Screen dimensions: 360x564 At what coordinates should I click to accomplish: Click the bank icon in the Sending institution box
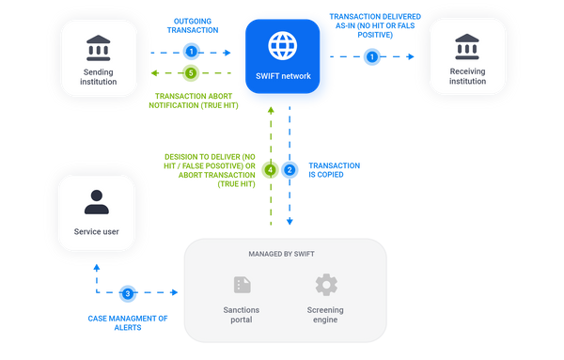coord(100,46)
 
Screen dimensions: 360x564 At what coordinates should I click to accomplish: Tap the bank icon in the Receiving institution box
coord(467,45)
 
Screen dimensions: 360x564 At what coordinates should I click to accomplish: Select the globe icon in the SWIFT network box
coord(283,44)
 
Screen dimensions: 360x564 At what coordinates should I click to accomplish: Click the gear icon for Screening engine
coord(326,284)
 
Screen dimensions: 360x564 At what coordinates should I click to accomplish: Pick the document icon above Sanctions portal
coord(241,284)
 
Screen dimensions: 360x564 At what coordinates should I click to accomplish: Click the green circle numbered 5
coord(193,72)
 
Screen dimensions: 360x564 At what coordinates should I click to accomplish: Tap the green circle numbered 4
coord(271,170)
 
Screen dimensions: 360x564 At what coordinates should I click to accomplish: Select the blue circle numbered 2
coord(290,170)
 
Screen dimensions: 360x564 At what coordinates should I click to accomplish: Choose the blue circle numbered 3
coord(129,294)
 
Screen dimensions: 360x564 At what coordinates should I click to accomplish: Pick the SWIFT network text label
coord(283,75)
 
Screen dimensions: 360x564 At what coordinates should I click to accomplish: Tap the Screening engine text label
coord(326,315)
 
